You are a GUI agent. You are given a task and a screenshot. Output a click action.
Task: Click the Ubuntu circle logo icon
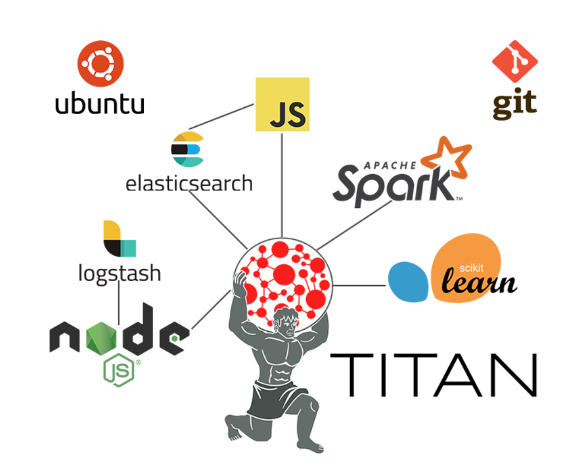(100, 64)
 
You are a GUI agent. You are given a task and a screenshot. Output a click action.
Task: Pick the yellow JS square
(283, 104)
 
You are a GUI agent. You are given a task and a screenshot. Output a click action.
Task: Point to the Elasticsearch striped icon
(187, 149)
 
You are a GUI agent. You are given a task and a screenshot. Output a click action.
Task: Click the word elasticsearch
(189, 183)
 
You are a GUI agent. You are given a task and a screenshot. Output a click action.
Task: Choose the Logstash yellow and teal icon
(119, 239)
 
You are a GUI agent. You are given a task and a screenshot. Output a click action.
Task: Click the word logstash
(119, 272)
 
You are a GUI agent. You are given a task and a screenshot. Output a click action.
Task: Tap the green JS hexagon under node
(119, 370)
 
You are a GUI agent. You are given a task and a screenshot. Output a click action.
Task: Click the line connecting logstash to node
(119, 298)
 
